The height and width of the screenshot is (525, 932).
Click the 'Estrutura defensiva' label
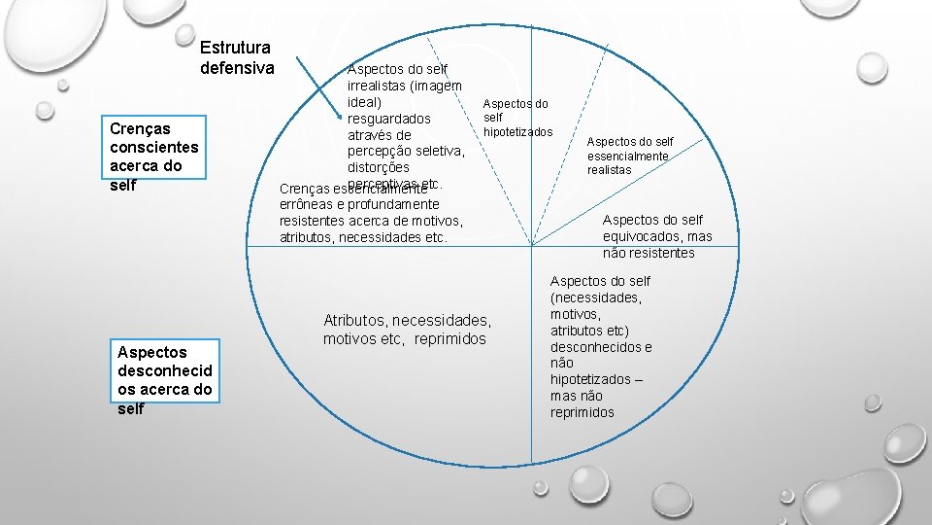237,57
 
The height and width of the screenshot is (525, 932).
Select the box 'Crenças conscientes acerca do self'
154,157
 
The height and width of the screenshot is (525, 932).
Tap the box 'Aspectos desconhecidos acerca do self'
163,380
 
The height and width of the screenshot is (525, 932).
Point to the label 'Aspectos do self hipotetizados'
516,118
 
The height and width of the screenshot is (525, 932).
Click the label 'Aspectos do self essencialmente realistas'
629,156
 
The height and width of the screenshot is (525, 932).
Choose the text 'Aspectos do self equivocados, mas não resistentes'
656,236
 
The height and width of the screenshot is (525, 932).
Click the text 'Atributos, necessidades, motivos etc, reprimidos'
407,330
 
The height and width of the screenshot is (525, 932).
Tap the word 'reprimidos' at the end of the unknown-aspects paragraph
582,412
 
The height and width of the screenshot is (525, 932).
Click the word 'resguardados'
388,118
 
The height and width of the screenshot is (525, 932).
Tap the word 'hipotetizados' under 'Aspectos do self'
517,131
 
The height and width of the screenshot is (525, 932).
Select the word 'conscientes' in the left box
153,147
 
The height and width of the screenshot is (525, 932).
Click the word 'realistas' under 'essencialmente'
609,169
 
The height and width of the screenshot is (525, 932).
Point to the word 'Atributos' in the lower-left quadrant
355,320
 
